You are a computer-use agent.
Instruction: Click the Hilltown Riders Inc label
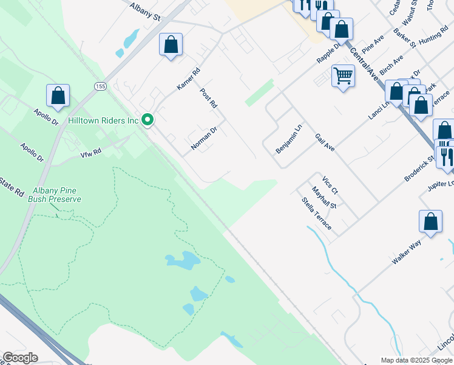pos(104,120)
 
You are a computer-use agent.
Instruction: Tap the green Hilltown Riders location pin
pos(147,120)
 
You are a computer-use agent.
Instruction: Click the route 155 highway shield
pos(100,87)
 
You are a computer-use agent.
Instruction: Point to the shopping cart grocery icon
pos(343,76)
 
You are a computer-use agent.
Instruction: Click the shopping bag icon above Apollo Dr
pos(58,96)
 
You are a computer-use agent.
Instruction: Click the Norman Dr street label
pos(204,138)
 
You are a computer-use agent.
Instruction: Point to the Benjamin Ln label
pos(288,139)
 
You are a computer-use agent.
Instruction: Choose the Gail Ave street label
pos(325,143)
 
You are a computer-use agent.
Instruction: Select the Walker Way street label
pos(407,251)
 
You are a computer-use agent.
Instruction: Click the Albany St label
pos(145,11)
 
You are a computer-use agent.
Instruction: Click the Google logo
pos(20,358)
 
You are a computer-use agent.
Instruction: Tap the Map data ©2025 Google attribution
pos(416,360)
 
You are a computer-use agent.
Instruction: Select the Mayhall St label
pos(324,198)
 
